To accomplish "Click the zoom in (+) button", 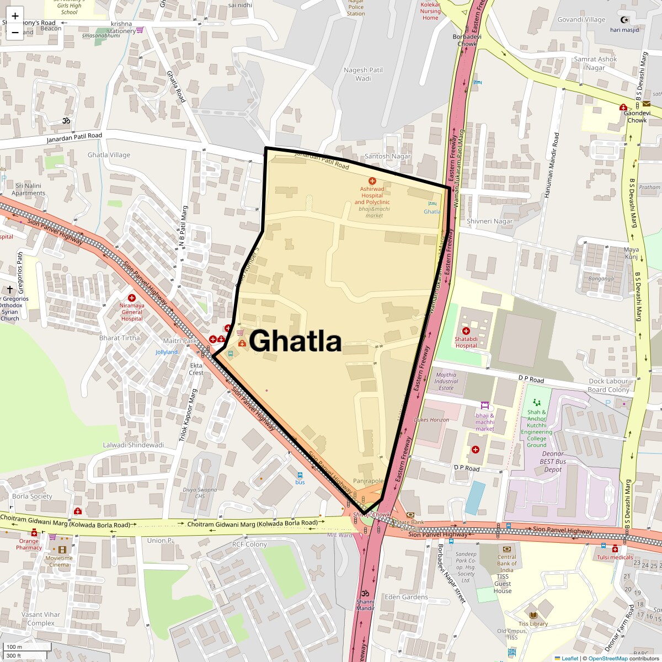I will (15, 15).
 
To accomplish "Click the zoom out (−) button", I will (15, 32).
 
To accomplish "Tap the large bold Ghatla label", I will (296, 340).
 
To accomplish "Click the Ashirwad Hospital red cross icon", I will (372, 180).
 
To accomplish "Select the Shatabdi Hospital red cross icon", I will (466, 331).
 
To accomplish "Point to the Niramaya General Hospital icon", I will (131, 298).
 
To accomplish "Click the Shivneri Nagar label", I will (489, 221).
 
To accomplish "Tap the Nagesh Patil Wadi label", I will (363, 74).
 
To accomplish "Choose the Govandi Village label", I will (581, 20).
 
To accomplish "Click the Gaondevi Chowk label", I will (637, 116).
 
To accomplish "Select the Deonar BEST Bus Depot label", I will (553, 461).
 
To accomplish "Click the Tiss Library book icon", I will (533, 615).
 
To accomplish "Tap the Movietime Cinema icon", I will (62, 549).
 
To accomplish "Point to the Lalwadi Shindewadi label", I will (133, 445).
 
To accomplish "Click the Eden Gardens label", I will (406, 597).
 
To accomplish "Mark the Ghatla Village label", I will (109, 155).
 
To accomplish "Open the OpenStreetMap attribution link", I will (607, 658).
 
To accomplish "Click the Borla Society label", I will (32, 496).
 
